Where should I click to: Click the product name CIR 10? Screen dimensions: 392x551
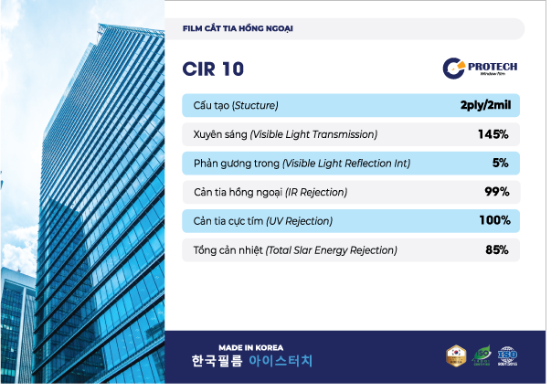[x=213, y=69]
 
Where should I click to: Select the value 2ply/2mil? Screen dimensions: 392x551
[x=485, y=106]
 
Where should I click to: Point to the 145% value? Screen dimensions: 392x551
[x=493, y=134]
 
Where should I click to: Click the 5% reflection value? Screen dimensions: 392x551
[x=500, y=163]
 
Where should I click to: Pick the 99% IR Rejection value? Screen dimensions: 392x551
[x=496, y=192]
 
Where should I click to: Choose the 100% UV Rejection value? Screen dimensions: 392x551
[x=493, y=220]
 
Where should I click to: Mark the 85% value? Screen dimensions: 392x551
[x=496, y=249]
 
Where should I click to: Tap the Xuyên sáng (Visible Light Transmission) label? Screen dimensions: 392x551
[x=285, y=134]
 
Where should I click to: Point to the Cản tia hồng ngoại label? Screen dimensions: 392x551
[x=270, y=192]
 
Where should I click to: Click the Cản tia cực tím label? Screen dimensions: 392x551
[x=263, y=221]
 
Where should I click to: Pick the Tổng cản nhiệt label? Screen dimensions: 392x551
[x=295, y=249]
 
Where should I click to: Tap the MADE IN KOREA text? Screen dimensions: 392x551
[x=250, y=347]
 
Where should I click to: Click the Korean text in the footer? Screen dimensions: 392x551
[x=251, y=361]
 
